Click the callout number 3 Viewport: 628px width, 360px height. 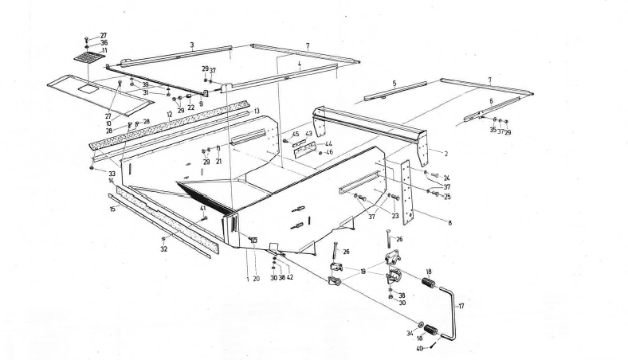tap(192, 45)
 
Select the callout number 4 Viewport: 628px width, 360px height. tap(300, 66)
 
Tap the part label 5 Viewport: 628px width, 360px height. tap(394, 82)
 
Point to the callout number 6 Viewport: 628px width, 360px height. tap(491, 101)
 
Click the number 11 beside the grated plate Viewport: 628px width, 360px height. tap(104, 50)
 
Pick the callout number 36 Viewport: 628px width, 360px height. tap(104, 43)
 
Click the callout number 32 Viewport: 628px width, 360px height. tap(164, 249)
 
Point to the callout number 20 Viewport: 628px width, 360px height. tap(257, 278)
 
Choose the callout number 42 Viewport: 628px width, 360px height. tap(290, 278)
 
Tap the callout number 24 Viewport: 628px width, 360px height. tap(447, 178)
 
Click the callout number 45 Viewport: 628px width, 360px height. tap(295, 134)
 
